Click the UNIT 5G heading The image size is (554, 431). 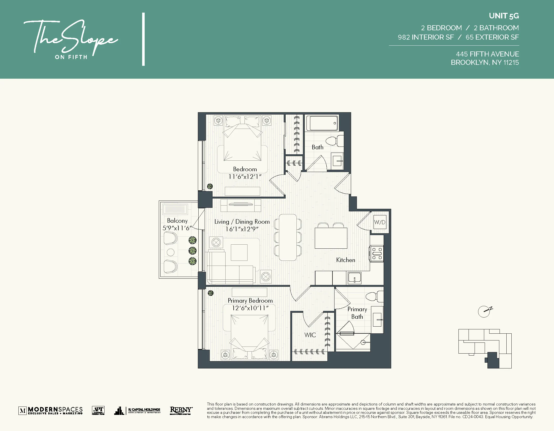504,16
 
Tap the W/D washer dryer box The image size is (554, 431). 380,222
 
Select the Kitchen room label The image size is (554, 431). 346,260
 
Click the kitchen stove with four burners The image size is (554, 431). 377,253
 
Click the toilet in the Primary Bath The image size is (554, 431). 374,296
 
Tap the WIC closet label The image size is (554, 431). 310,335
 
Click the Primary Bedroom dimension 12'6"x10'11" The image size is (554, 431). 250,308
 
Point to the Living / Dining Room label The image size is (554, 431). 242,222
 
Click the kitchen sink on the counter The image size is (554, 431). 354,278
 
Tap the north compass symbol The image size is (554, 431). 484,311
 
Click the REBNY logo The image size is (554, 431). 181,410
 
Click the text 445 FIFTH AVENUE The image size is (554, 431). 487,54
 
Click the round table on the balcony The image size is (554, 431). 170,252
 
